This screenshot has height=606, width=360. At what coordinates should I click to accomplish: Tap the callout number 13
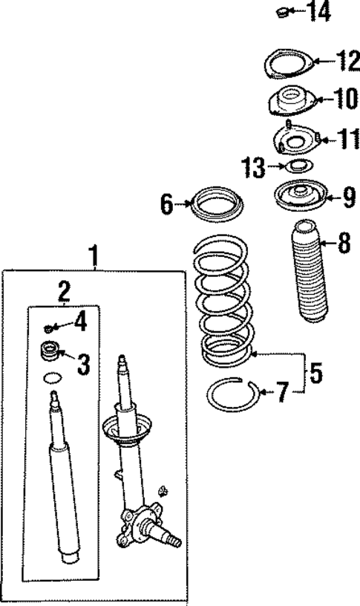pyautogui.click(x=253, y=168)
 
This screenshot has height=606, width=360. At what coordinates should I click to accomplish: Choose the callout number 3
pyautogui.click(x=83, y=364)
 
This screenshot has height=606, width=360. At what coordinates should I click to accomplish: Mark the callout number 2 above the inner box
pyautogui.click(x=65, y=290)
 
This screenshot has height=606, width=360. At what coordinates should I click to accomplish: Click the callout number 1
pyautogui.click(x=94, y=256)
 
